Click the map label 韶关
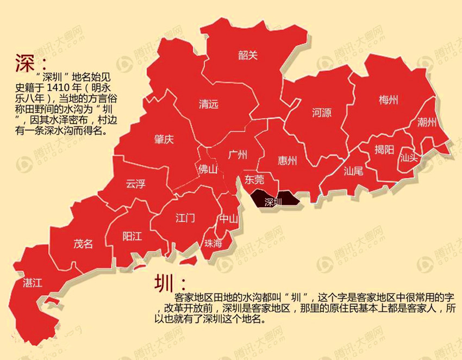[248, 55]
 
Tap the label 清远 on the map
[208, 104]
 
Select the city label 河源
[322, 113]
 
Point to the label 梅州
[389, 100]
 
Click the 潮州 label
[427, 122]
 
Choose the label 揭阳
[384, 150]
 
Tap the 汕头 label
[409, 158]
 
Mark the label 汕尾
[353, 171]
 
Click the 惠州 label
[288, 160]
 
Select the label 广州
[238, 154]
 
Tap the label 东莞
[254, 179]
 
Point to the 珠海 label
[213, 244]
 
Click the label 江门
[185, 218]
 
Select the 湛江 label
[32, 283]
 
